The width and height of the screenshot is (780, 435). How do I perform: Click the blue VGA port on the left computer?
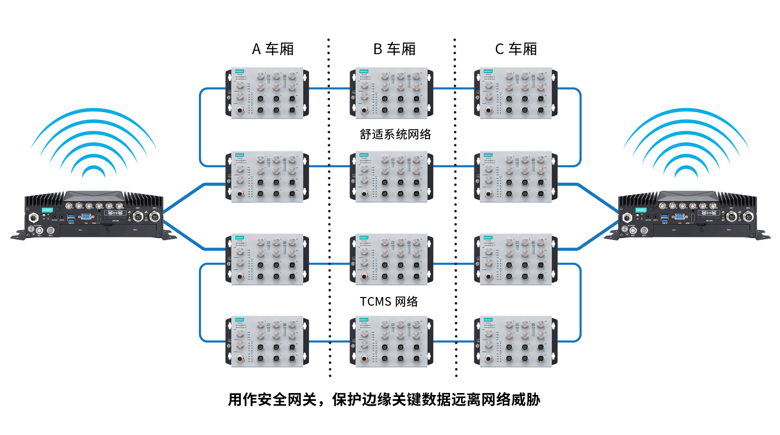coord(86,217)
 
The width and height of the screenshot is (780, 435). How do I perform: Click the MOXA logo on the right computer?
coord(640,210)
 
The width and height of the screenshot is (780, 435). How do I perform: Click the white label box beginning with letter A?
coord(267,49)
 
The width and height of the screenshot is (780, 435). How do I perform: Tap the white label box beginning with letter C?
coord(517,49)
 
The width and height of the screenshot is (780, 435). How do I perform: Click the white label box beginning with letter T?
coord(392,301)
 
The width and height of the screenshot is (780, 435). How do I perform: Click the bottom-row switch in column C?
coord(516,341)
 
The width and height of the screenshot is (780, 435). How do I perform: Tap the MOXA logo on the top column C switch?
coord(488,72)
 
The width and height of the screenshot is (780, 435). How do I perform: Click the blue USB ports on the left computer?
coord(72,217)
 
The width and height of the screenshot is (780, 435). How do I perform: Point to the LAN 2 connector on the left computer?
coord(155,216)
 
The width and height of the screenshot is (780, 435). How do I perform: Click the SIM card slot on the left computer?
coord(116,214)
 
